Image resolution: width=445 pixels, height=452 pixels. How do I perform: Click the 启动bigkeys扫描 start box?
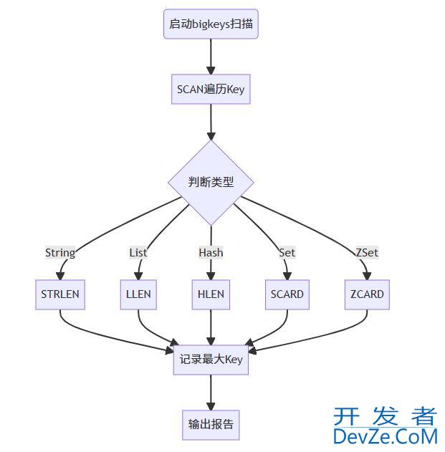tap(211, 24)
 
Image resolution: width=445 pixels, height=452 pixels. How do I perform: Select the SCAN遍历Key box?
tap(211, 90)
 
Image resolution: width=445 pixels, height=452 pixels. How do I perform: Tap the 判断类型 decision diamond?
tap(211, 182)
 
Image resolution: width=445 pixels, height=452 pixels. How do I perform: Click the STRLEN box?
tap(60, 294)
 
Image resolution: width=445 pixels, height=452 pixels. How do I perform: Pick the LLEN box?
tap(138, 294)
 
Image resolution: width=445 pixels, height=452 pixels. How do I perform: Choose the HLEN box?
tap(211, 294)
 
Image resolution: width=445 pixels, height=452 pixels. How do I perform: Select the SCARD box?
tap(287, 294)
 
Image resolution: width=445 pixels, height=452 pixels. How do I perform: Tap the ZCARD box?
tap(367, 294)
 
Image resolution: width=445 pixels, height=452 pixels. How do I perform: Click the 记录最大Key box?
tap(211, 359)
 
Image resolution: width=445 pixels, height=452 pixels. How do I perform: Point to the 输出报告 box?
tap(211, 423)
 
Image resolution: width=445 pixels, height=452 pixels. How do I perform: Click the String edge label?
tap(60, 252)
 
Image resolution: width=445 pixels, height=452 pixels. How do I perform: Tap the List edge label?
tap(138, 252)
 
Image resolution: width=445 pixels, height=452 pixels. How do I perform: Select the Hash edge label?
tap(211, 252)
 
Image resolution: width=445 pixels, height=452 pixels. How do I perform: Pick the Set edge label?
tap(287, 252)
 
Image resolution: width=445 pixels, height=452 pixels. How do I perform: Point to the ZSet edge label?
tap(367, 252)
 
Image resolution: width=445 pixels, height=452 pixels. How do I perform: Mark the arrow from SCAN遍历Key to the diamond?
tap(211, 122)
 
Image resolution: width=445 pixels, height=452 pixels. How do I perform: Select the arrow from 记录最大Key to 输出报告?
tap(211, 391)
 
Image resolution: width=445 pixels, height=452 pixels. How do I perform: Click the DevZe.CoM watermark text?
tap(385, 436)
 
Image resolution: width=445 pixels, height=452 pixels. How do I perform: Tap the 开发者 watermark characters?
tap(385, 416)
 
